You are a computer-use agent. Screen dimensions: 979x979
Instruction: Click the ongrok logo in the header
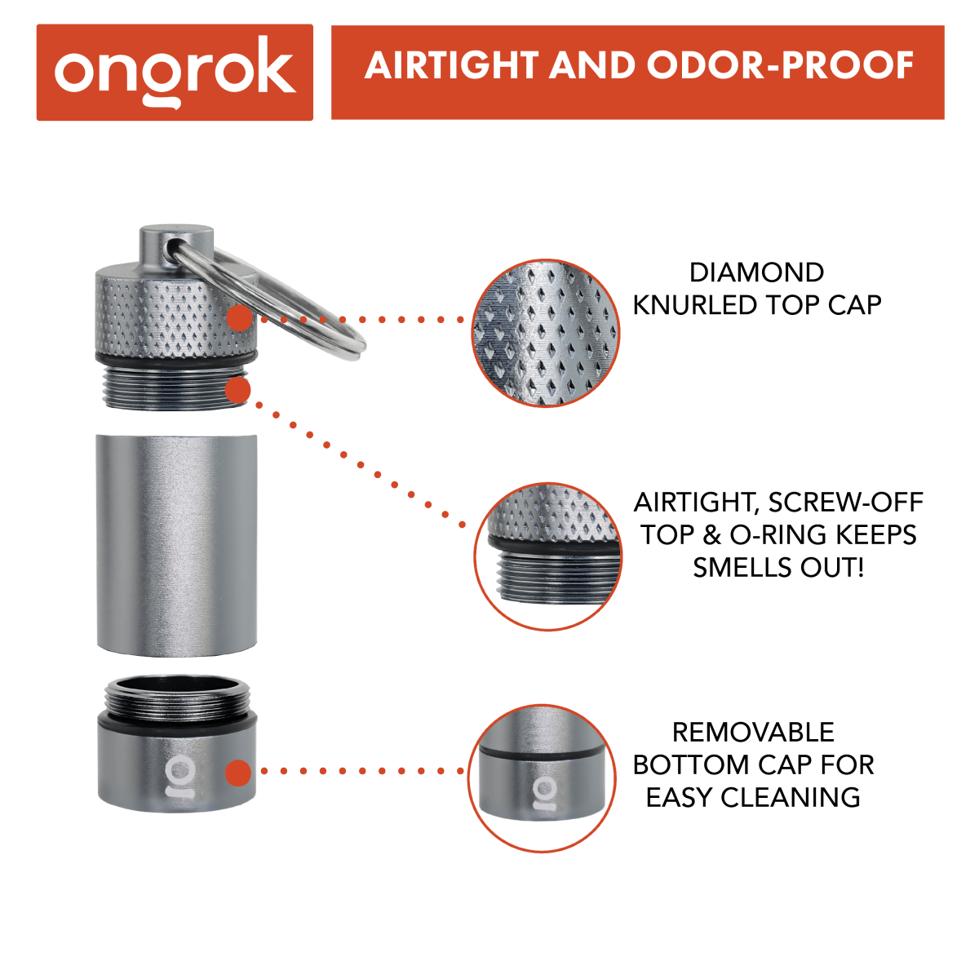(x=175, y=72)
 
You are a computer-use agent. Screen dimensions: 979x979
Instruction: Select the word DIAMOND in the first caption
(x=756, y=272)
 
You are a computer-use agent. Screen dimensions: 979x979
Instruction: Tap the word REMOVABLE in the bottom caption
(x=753, y=733)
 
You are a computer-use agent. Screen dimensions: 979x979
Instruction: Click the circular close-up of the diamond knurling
(x=546, y=333)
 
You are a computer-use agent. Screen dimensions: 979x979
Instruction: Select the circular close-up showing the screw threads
(x=547, y=556)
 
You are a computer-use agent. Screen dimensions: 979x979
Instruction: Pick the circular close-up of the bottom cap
(x=542, y=778)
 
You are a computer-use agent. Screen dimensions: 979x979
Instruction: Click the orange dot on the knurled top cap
(x=238, y=318)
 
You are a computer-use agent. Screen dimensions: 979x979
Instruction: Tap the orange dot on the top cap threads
(x=237, y=391)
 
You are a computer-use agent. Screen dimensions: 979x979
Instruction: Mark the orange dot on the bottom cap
(x=237, y=772)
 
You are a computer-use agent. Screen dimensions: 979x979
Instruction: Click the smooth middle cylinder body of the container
(x=176, y=544)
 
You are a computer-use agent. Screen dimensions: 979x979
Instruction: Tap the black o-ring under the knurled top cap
(x=175, y=359)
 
